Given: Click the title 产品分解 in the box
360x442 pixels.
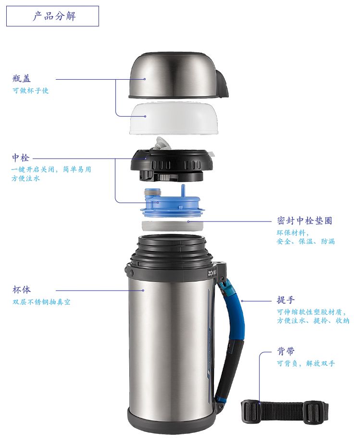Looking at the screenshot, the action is click(x=54, y=16).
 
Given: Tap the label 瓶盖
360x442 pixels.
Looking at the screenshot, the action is click(x=22, y=78).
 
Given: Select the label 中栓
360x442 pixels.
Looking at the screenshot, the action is click(x=20, y=158).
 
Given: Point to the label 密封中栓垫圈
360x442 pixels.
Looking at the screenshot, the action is click(x=304, y=221).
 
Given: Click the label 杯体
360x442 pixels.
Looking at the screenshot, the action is click(x=22, y=290).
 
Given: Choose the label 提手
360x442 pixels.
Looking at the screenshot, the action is click(x=286, y=300).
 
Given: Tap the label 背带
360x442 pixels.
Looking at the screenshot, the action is click(x=286, y=351).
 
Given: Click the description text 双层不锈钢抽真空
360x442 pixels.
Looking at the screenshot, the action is click(x=41, y=302).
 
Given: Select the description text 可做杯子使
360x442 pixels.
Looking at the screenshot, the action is click(x=30, y=90).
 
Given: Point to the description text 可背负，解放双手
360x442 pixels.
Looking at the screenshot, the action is click(x=306, y=363).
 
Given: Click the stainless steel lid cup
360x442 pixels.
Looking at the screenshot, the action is click(x=178, y=75).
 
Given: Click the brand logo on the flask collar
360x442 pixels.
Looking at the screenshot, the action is click(x=212, y=273).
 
